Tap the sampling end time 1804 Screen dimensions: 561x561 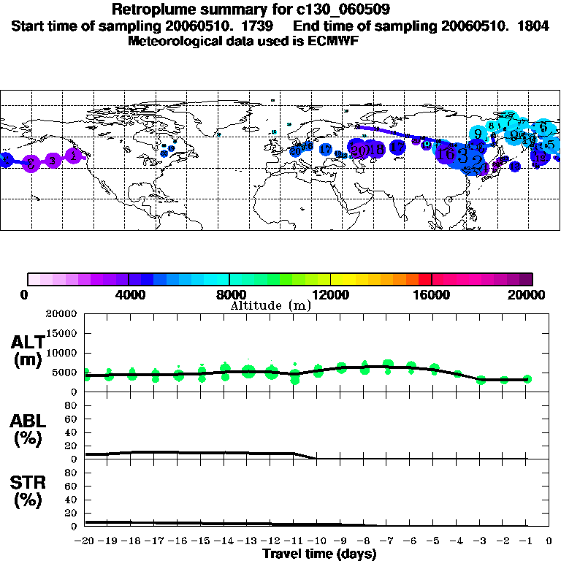530,26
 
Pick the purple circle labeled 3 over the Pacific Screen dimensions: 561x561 52,161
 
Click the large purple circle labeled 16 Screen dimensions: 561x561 445,153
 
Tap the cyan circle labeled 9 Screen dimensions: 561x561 478,134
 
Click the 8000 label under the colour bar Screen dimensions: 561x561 229,294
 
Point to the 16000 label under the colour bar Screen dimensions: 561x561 432,294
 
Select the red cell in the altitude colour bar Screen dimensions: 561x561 425,279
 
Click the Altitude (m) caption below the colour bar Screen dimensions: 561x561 270,305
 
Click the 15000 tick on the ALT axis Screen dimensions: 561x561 62,333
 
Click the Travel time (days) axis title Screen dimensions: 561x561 319,554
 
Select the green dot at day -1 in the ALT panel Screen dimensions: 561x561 527,378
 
